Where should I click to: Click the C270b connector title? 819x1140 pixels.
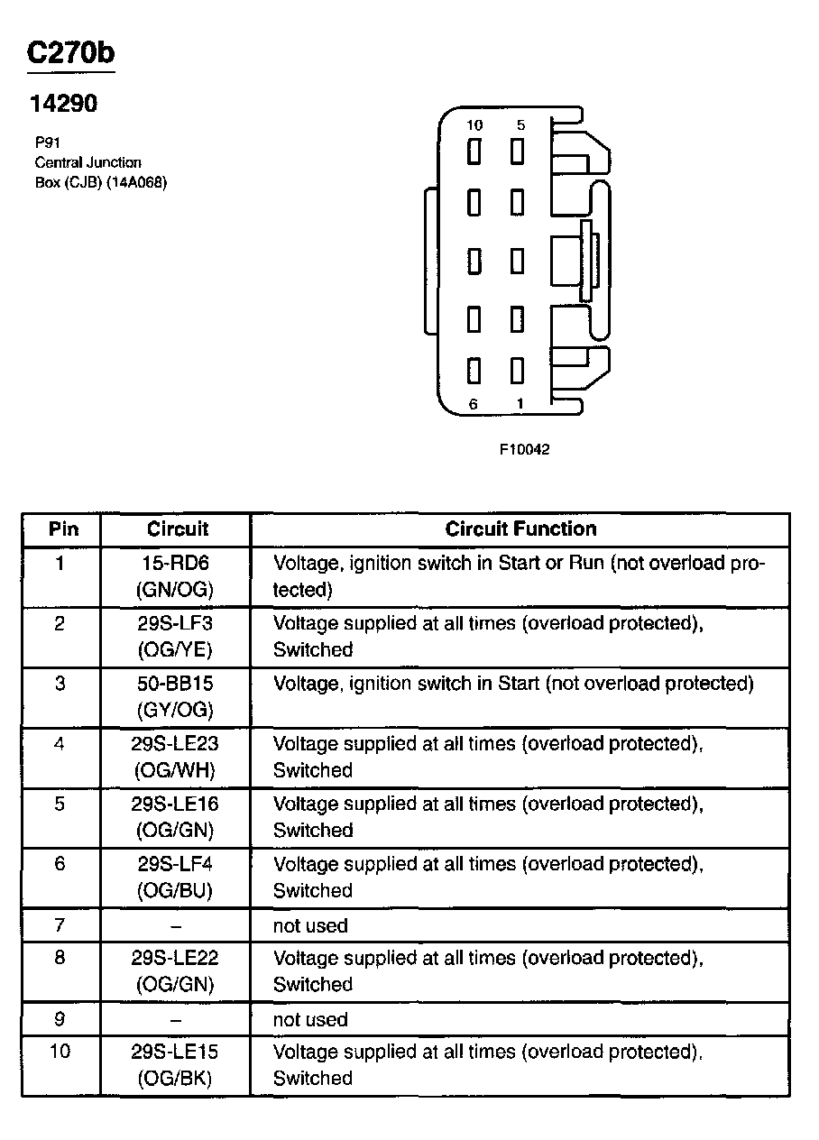[71, 53]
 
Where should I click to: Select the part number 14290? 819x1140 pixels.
[63, 104]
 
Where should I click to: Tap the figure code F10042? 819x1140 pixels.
[524, 449]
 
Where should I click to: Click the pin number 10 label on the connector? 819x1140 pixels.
[474, 125]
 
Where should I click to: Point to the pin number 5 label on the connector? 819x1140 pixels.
[520, 125]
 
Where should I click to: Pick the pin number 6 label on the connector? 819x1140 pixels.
[474, 404]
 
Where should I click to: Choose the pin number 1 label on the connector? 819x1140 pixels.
[520, 404]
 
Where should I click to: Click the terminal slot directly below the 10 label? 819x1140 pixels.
[474, 152]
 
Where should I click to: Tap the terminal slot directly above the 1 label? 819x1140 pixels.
[518, 371]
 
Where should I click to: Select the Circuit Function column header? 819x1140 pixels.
[520, 529]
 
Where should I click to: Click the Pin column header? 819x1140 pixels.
[63, 529]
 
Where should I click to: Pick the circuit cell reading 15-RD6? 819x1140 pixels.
[175, 564]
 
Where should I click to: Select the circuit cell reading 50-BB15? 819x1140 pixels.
[175, 684]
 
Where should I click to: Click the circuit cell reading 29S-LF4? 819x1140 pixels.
[175, 864]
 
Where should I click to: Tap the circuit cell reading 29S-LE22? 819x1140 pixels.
[175, 958]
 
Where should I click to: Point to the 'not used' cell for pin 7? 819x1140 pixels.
[310, 925]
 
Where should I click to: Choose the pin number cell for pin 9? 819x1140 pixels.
[60, 1019]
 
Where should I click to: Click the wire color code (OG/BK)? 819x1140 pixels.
[175, 1078]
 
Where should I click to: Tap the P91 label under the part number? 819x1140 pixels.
[47, 142]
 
